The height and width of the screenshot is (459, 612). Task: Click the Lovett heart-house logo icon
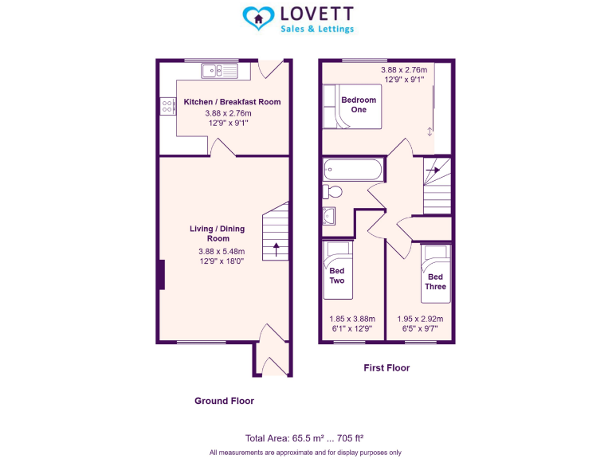click(x=257, y=18)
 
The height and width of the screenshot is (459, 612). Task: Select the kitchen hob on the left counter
click(x=167, y=105)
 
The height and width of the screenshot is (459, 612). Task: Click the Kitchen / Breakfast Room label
click(x=232, y=102)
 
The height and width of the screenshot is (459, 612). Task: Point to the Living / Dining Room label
click(x=217, y=233)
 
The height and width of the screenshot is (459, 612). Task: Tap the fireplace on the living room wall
click(x=161, y=274)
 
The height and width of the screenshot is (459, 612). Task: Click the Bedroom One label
click(x=359, y=104)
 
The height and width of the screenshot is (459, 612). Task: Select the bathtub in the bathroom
click(x=353, y=169)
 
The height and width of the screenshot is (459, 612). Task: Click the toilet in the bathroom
click(x=331, y=191)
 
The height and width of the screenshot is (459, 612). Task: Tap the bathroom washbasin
click(x=330, y=215)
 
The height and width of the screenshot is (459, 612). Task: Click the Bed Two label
click(x=337, y=276)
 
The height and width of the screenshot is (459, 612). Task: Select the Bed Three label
click(x=435, y=281)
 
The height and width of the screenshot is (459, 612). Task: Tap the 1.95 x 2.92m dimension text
click(x=420, y=319)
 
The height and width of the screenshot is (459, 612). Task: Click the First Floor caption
click(x=386, y=368)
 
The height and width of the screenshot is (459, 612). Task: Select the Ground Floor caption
click(x=224, y=401)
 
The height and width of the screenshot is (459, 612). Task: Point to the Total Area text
click(x=304, y=437)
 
